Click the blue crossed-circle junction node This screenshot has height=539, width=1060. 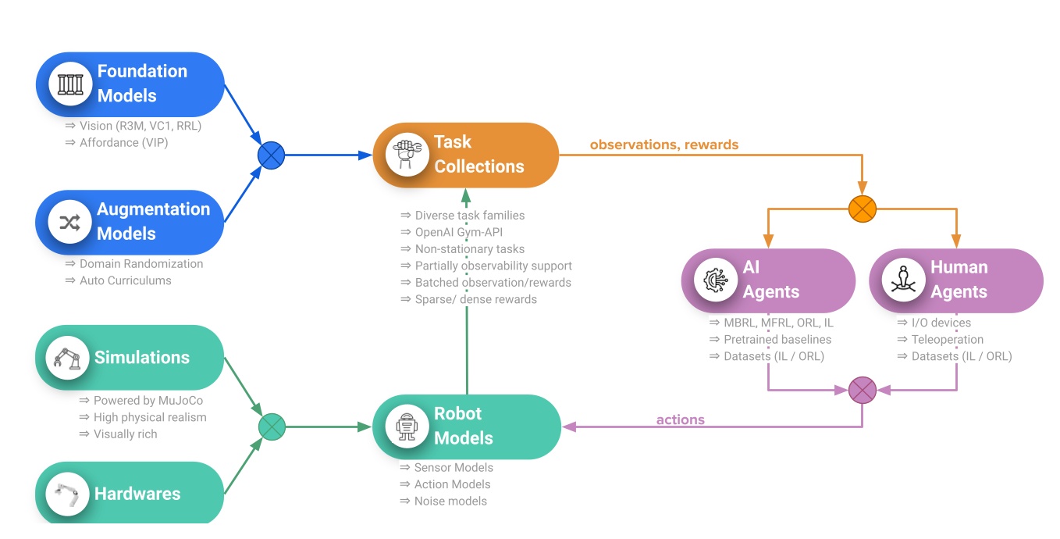click(x=272, y=155)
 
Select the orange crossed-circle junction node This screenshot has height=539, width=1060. click(x=863, y=209)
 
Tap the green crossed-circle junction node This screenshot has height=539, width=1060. click(x=272, y=427)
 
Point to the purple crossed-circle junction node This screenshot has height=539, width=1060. click(x=863, y=390)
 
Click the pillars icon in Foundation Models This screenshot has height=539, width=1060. click(x=70, y=84)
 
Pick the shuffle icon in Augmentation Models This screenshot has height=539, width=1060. click(x=70, y=223)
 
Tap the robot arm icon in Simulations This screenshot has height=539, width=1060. click(x=66, y=358)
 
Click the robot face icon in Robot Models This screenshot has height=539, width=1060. click(x=407, y=427)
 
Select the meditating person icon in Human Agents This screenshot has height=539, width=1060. click(x=903, y=280)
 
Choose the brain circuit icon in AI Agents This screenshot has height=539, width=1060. click(x=716, y=280)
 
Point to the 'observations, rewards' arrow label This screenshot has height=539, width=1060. click(x=663, y=145)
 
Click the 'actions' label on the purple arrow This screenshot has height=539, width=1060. click(x=680, y=419)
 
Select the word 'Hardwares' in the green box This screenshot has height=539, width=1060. click(x=137, y=494)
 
